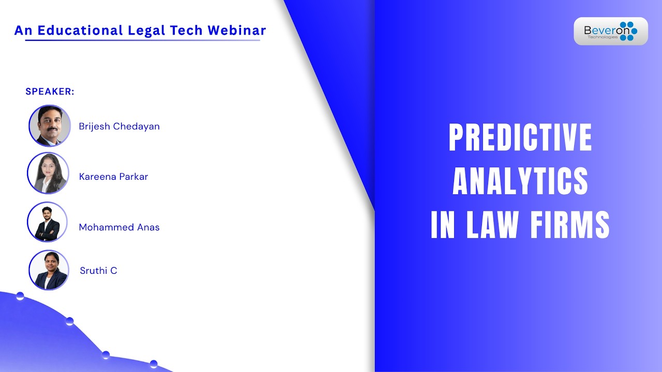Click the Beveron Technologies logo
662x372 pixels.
[x=611, y=31]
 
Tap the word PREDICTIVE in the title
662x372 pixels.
[x=520, y=137]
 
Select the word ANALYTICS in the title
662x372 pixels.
[x=520, y=181]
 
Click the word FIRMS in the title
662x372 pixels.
[x=570, y=224]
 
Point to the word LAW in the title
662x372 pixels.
[x=492, y=224]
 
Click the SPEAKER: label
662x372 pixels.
[x=50, y=91]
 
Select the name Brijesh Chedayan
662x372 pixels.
[x=119, y=127]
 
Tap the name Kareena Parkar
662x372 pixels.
[x=113, y=177]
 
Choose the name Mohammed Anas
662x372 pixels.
[x=119, y=227]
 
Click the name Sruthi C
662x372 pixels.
[x=98, y=270]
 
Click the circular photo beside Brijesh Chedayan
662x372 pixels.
[x=50, y=126]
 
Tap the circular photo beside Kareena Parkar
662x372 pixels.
[x=48, y=173]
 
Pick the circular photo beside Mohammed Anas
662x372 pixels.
[x=47, y=222]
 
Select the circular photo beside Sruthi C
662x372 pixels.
[x=49, y=270]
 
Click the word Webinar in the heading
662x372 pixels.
[x=237, y=30]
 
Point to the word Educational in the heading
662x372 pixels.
[x=80, y=30]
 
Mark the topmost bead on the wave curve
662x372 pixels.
[x=20, y=296]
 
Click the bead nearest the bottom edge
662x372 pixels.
[x=154, y=364]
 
